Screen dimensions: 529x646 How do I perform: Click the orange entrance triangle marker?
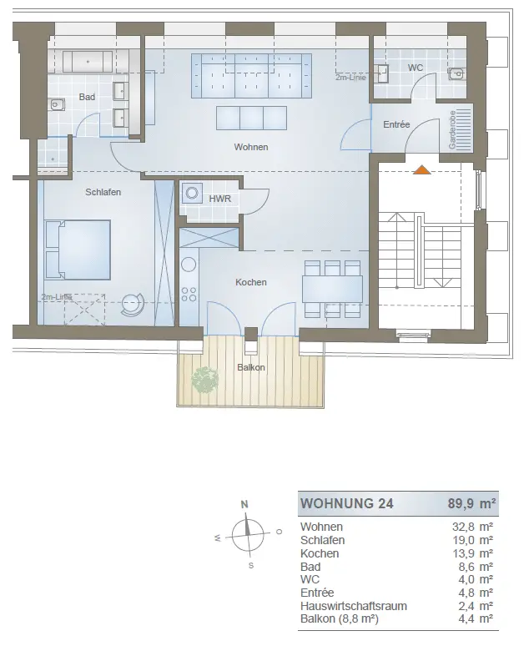pyautogui.click(x=422, y=169)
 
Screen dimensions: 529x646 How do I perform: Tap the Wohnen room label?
pyautogui.click(x=251, y=147)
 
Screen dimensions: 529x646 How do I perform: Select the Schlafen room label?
pyautogui.click(x=103, y=192)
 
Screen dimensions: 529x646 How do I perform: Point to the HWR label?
pyautogui.click(x=219, y=199)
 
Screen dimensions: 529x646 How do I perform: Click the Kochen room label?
pyautogui.click(x=251, y=282)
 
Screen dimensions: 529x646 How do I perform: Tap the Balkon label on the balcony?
pyautogui.click(x=251, y=367)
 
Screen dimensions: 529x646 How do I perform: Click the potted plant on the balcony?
pyautogui.click(x=205, y=381)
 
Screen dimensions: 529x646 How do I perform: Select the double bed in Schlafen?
pyautogui.click(x=78, y=250)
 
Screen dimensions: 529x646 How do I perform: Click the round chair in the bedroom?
pyautogui.click(x=132, y=305)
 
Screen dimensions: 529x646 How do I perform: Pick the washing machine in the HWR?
pyautogui.click(x=192, y=193)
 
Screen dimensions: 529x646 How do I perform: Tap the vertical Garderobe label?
pyautogui.click(x=452, y=129)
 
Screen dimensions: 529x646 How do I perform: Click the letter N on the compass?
pyautogui.click(x=244, y=504)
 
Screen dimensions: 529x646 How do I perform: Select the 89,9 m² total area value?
pyautogui.click(x=471, y=503)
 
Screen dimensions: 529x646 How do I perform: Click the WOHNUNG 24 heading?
pyautogui.click(x=347, y=503)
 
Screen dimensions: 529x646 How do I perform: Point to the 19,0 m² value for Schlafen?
pyautogui.click(x=472, y=540)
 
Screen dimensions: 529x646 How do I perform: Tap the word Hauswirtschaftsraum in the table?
pyautogui.click(x=354, y=607)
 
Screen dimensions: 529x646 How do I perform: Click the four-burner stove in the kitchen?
pyautogui.click(x=189, y=294)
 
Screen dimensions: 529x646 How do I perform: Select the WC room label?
pyautogui.click(x=416, y=68)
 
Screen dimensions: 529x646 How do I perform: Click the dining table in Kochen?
pyautogui.click(x=332, y=290)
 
